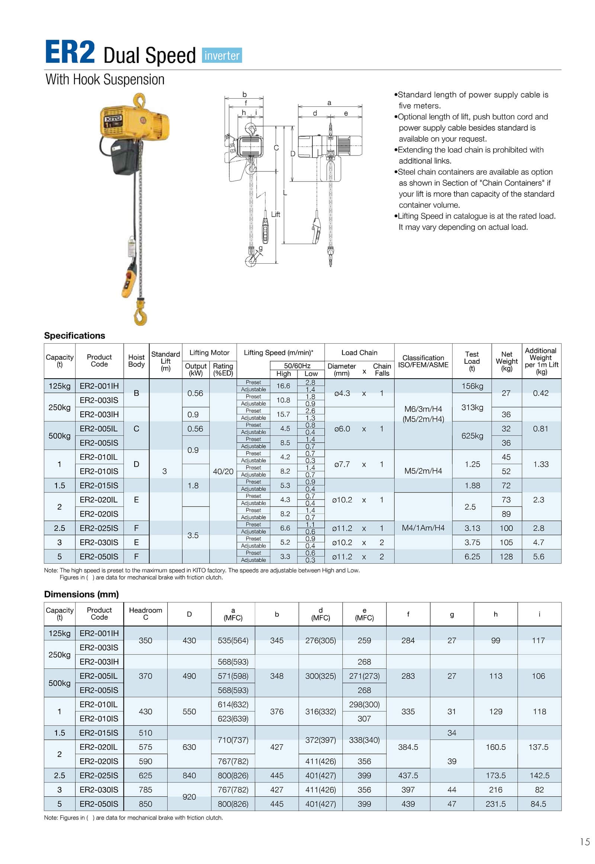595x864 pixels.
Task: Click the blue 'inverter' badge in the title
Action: (222, 55)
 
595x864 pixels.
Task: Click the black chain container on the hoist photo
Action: (125, 156)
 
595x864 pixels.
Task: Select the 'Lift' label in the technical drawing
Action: (276, 214)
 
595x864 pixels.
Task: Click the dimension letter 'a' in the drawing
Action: (329, 103)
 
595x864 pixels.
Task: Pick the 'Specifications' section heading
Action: (75, 335)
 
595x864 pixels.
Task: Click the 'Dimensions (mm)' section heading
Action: (81, 594)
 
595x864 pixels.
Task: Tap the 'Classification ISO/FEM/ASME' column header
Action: (423, 362)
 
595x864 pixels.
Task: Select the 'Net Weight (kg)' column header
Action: (506, 362)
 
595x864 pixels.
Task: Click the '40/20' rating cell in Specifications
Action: (223, 472)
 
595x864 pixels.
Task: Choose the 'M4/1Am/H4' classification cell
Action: (423, 528)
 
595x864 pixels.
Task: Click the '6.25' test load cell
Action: (472, 557)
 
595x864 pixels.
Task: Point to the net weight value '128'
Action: (506, 557)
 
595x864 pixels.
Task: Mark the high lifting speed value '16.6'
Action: (283, 386)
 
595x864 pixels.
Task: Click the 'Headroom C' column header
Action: (145, 614)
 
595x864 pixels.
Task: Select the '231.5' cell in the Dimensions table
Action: (495, 804)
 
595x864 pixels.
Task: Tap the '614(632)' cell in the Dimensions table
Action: (233, 705)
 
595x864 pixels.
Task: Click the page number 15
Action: (585, 842)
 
